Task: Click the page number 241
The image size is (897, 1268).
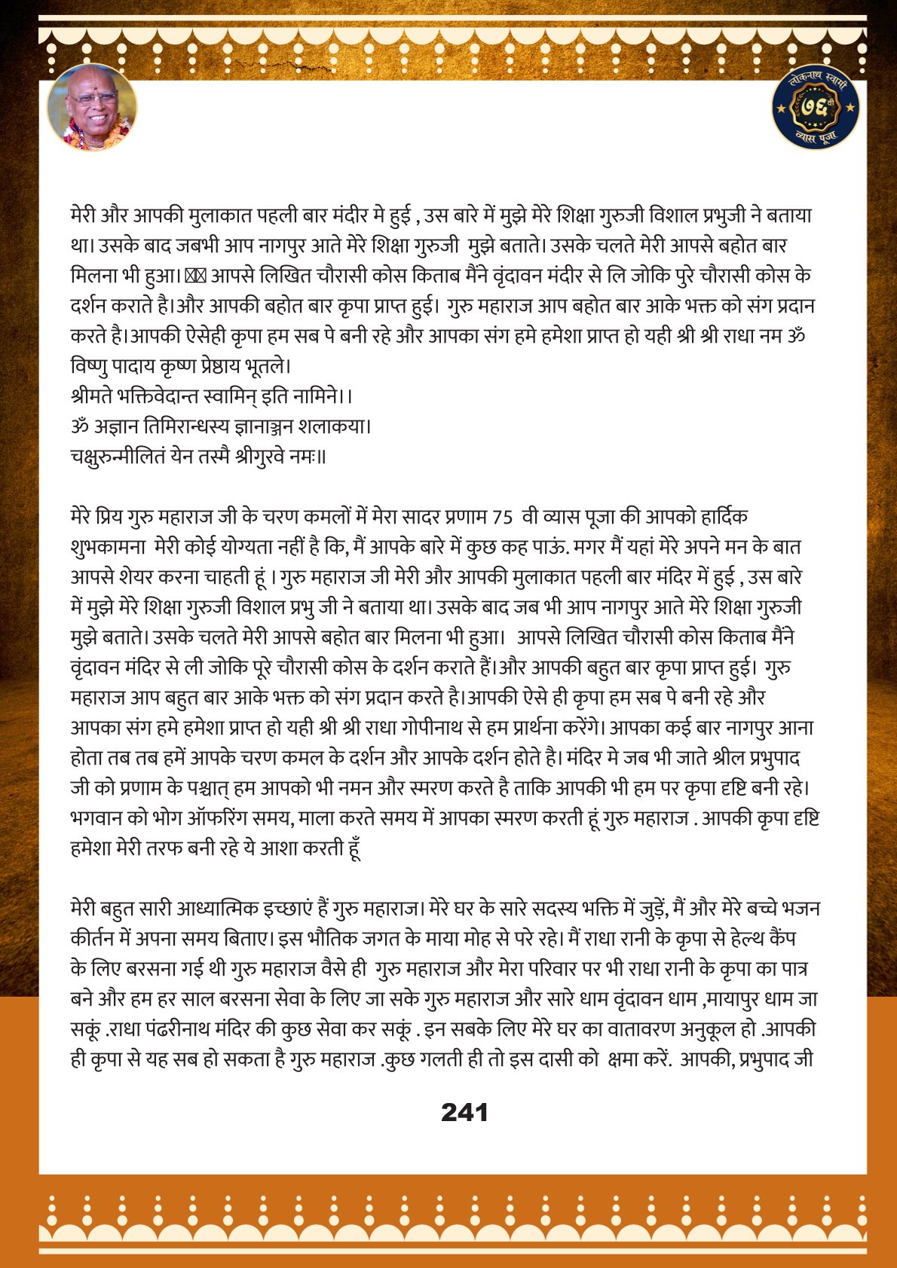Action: [x=464, y=1112]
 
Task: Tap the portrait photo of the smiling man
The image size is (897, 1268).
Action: [x=92, y=107]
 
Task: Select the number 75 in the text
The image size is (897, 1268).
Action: [x=501, y=517]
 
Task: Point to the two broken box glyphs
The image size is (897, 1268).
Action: [x=195, y=276]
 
